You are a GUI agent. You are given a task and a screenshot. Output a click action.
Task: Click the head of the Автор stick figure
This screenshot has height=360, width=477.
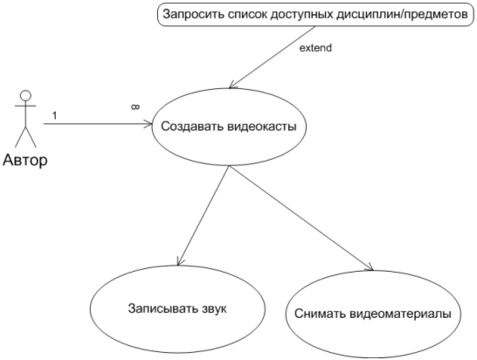click(x=25, y=95)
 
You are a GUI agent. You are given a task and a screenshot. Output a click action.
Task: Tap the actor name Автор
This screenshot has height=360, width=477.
click(x=25, y=160)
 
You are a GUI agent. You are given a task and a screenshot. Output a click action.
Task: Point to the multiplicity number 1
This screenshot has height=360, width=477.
click(x=54, y=115)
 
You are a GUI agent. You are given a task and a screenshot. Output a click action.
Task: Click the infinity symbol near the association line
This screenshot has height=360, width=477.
click(x=135, y=107)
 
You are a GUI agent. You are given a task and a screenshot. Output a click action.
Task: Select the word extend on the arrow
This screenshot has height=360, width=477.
click(x=315, y=48)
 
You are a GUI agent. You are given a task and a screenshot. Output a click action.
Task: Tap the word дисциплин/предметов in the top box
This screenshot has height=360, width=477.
click(x=402, y=14)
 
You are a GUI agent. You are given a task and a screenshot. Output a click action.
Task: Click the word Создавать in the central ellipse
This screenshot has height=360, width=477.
click(x=192, y=126)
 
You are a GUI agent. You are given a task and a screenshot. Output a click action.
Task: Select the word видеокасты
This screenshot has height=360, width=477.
click(x=262, y=126)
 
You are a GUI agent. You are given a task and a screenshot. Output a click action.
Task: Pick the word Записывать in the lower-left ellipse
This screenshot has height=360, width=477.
click(x=162, y=308)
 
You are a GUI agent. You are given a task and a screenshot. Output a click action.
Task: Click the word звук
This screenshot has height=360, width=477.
click(x=214, y=308)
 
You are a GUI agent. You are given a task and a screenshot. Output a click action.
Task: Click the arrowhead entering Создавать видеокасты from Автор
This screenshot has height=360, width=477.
click(x=149, y=124)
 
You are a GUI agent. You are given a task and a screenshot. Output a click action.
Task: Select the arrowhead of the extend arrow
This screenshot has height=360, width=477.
click(x=232, y=85)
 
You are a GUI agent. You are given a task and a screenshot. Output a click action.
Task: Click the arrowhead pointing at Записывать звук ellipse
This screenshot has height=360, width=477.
click(x=180, y=261)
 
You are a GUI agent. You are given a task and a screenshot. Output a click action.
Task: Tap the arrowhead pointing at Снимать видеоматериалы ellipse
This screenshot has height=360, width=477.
click(x=369, y=267)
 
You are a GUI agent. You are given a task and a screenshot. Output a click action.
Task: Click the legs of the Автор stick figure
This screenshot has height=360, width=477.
click(x=25, y=136)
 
